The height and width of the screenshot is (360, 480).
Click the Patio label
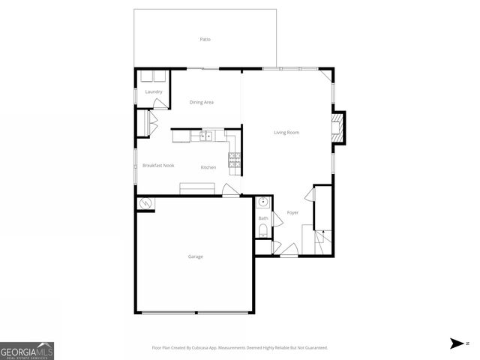[x=205, y=39]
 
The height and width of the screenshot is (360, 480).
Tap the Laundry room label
[x=154, y=91]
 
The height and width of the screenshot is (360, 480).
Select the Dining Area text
[x=202, y=102]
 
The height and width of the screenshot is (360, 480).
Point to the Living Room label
[x=286, y=133]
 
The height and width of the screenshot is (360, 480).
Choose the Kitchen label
[x=208, y=167]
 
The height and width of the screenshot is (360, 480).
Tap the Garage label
[x=195, y=256]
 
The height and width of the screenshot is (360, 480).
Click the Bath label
[x=263, y=218]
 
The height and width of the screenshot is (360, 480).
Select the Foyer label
[x=292, y=212]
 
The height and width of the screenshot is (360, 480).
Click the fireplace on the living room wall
[x=339, y=127]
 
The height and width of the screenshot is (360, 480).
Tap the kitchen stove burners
[x=233, y=158]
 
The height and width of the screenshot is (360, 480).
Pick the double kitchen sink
[x=205, y=136]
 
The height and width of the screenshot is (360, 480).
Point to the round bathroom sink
[x=263, y=202]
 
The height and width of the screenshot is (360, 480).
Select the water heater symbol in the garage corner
[x=145, y=203]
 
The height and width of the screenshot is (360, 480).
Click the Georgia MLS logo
[x=27, y=350]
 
